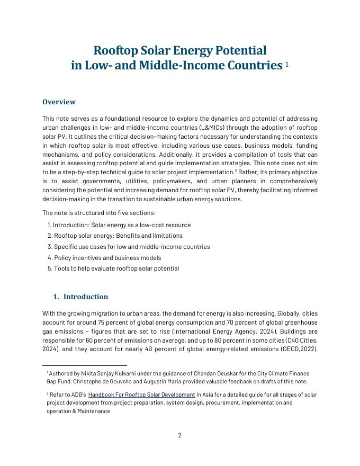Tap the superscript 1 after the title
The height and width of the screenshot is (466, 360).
coord(287,64)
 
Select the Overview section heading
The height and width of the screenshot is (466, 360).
coord(59,102)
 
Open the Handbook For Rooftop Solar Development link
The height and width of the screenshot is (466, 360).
coord(141,395)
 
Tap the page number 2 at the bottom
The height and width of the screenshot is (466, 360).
coord(180,435)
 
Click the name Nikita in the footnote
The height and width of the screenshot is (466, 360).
coord(88,373)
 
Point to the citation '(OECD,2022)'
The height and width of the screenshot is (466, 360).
coord(299,349)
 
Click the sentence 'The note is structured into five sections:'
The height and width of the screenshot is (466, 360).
coord(99,213)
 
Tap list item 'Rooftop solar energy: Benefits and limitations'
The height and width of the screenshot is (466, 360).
coord(118,236)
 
